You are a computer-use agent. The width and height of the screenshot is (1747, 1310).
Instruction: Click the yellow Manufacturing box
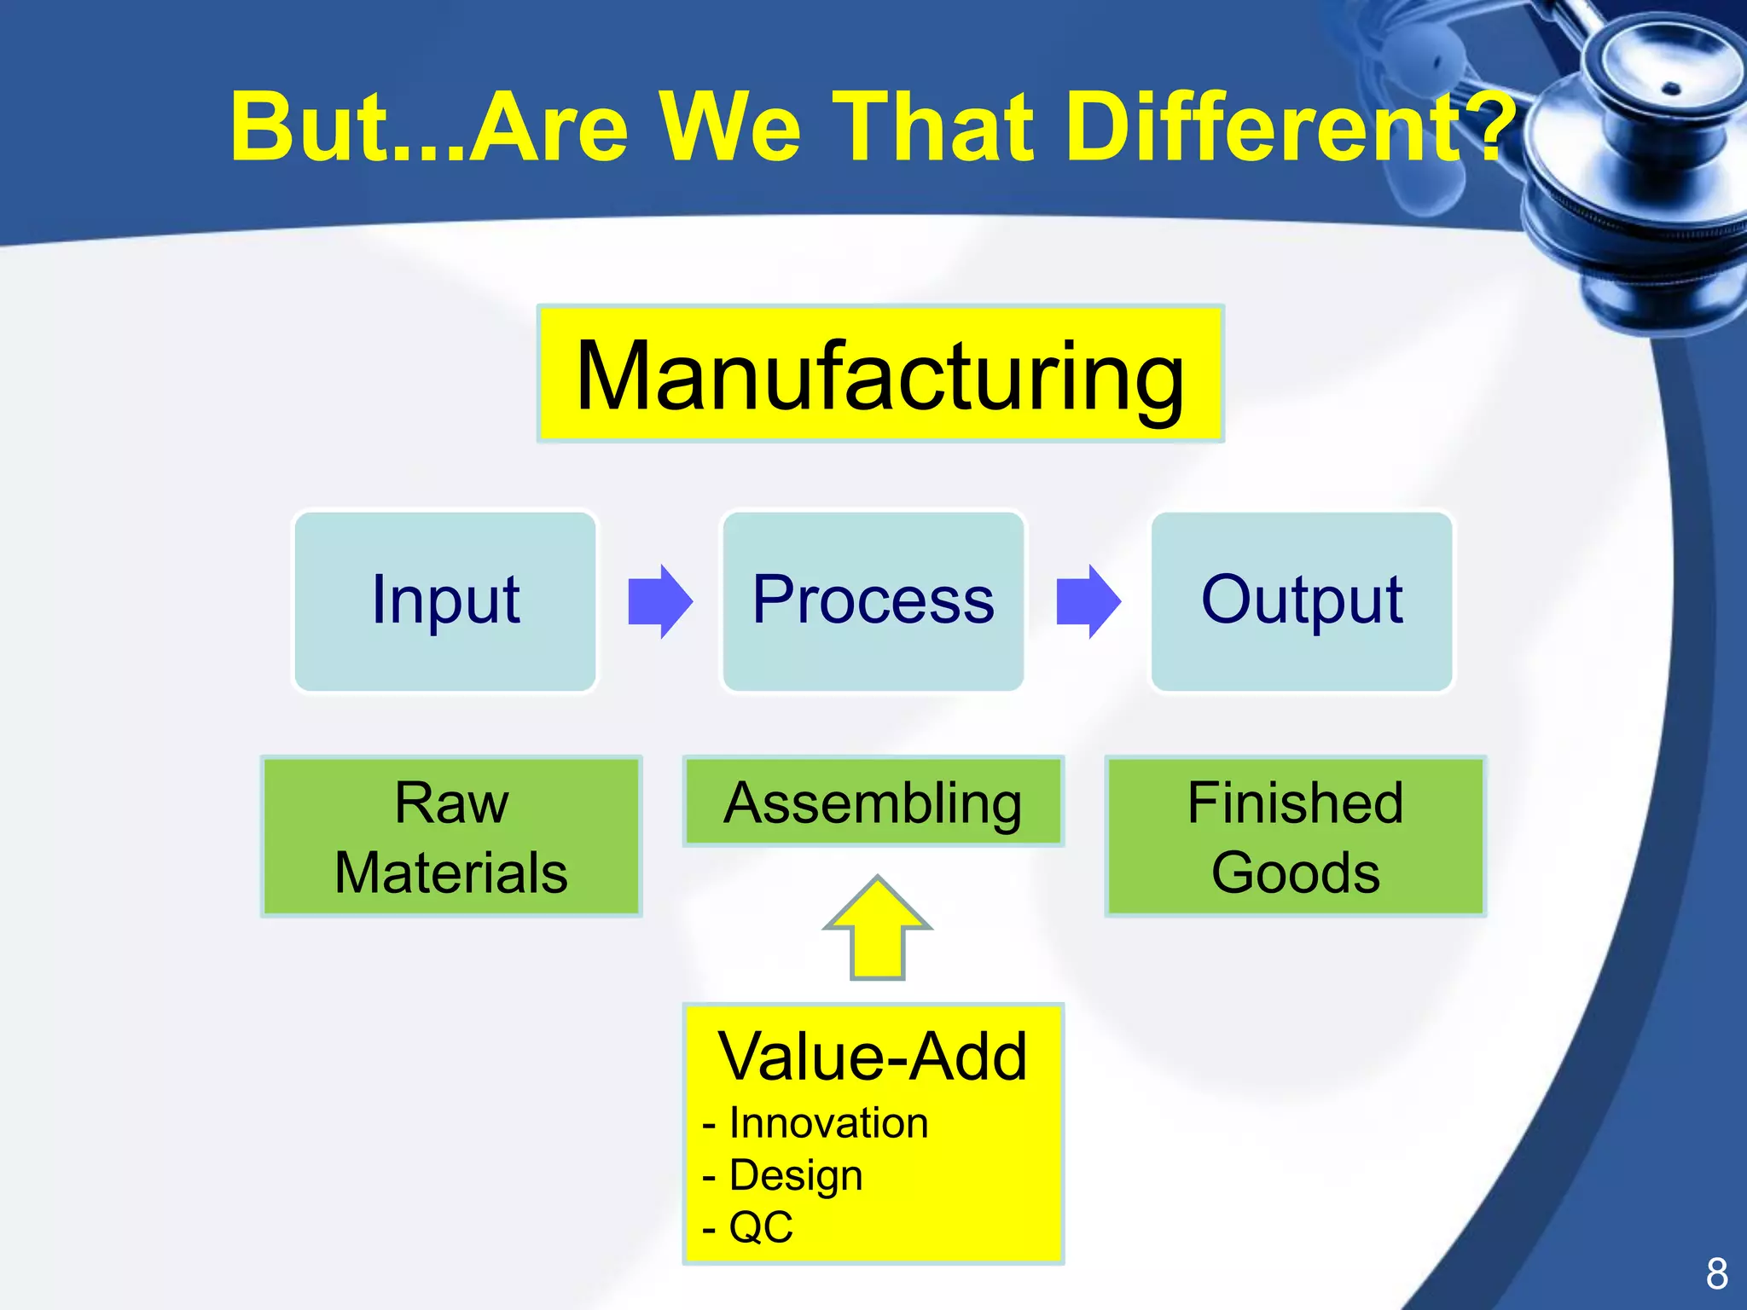pyautogui.click(x=880, y=374)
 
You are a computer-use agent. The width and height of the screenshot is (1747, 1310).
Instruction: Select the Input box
pyautogui.click(x=444, y=601)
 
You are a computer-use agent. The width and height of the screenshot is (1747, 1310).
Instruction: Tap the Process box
pyautogui.click(x=873, y=601)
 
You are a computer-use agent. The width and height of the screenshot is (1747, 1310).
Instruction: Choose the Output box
pyautogui.click(x=1301, y=601)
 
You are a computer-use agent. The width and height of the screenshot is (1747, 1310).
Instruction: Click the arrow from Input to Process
pyautogui.click(x=659, y=601)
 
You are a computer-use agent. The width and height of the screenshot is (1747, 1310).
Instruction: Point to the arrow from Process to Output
pyautogui.click(x=1088, y=601)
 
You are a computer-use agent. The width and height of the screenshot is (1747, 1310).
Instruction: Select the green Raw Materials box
pyautogui.click(x=450, y=836)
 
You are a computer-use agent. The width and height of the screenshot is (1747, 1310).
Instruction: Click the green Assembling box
pyautogui.click(x=873, y=802)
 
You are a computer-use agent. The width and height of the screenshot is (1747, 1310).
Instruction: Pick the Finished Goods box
pyautogui.click(x=1295, y=836)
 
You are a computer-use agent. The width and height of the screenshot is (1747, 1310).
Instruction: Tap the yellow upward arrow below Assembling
pyautogui.click(x=877, y=930)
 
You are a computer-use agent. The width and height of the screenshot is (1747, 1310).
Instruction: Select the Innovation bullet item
pyautogui.click(x=827, y=1122)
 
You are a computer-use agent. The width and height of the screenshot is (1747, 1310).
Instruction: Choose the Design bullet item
pyautogui.click(x=795, y=1174)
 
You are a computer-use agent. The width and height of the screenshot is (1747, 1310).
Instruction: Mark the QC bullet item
pyautogui.click(x=759, y=1227)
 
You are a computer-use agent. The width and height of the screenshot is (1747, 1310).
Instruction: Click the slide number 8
pyautogui.click(x=1716, y=1274)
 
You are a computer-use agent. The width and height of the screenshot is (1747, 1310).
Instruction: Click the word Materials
pyautogui.click(x=450, y=872)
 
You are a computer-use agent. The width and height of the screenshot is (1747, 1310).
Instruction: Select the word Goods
pyautogui.click(x=1295, y=872)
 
